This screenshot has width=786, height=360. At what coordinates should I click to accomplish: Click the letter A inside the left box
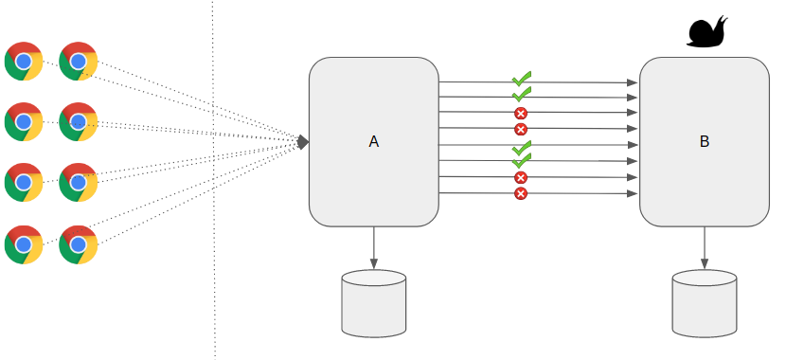point(373,142)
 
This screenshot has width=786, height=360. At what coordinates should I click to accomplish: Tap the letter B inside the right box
point(704,142)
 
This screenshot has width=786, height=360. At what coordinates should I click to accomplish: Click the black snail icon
point(706,31)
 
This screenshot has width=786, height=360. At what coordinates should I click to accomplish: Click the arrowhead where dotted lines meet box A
point(303,142)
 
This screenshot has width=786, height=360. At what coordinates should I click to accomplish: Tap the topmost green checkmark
point(521,79)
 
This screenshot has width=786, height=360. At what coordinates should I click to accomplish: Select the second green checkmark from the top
point(521,95)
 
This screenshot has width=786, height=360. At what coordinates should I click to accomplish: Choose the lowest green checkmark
point(521,162)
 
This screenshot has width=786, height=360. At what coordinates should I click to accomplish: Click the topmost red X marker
point(520,114)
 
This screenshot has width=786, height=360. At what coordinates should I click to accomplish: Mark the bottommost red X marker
point(520,193)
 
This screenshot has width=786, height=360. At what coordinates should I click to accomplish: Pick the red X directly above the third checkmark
point(520,129)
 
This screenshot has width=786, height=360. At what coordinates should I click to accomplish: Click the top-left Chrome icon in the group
point(24,62)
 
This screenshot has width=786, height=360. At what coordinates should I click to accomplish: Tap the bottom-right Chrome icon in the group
point(79,243)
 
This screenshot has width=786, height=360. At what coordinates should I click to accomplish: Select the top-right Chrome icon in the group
point(79,62)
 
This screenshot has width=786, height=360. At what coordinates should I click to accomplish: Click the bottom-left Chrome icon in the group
point(24,243)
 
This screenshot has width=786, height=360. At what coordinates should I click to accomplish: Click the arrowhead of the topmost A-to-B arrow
point(633,83)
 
